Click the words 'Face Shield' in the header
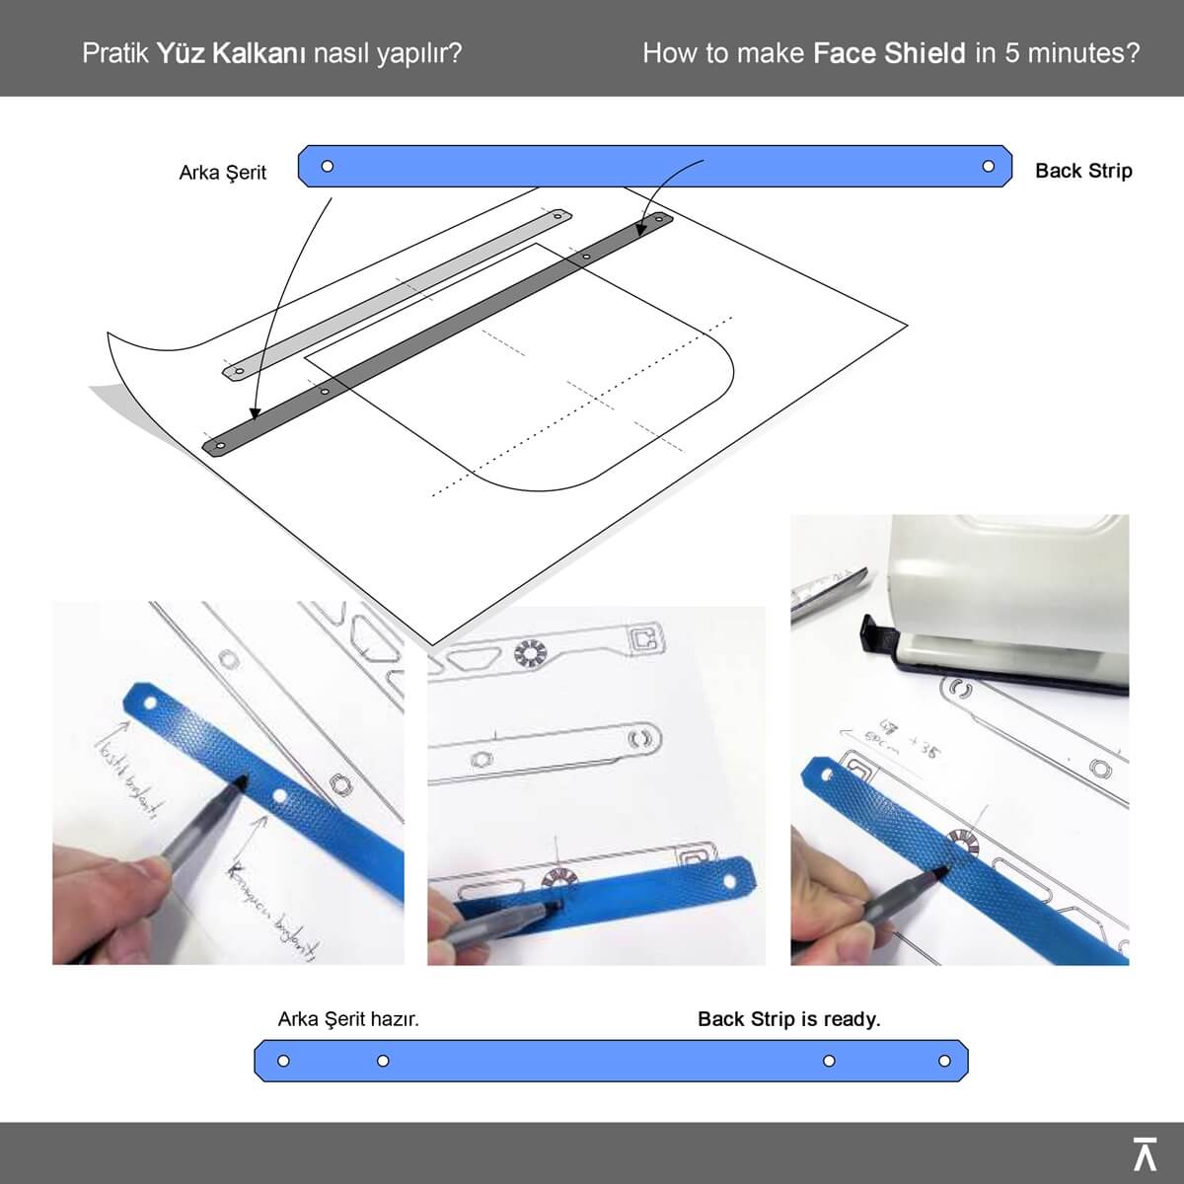click(x=888, y=52)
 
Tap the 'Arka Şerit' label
click(x=222, y=173)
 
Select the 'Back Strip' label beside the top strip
click(x=1082, y=171)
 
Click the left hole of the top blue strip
click(x=328, y=166)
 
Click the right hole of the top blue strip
click(x=989, y=166)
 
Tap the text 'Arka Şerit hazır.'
click(x=348, y=1019)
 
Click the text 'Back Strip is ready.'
click(x=788, y=1019)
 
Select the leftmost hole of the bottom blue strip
click(x=283, y=1061)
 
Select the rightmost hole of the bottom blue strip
click(x=944, y=1061)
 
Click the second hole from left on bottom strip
click(x=383, y=1061)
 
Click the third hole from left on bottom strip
click(x=829, y=1061)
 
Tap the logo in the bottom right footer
click(x=1144, y=1152)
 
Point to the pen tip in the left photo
click(x=242, y=782)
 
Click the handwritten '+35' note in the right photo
click(x=923, y=752)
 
